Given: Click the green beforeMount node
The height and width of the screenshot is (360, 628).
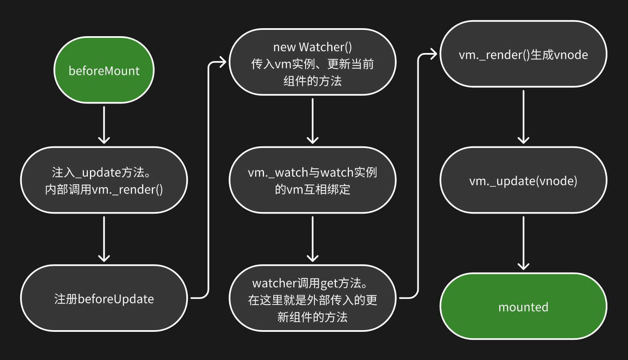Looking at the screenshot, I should tap(104, 70).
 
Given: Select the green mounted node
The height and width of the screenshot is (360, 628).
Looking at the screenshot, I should tap(523, 307).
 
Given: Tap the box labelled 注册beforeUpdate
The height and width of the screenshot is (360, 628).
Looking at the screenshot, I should tap(104, 298).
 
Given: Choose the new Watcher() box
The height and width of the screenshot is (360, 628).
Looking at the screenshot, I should tap(312, 62).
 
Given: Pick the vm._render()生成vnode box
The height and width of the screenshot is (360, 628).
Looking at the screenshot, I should tap(523, 54).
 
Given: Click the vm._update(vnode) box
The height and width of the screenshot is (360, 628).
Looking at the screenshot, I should tap(523, 180).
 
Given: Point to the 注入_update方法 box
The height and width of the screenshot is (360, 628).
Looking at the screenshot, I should tap(104, 180).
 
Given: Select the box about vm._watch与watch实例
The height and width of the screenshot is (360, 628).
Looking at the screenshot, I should tap(312, 180).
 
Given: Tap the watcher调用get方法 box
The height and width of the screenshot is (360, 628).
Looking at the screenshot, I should tap(312, 298).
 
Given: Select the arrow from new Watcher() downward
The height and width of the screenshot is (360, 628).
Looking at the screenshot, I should tap(312, 121).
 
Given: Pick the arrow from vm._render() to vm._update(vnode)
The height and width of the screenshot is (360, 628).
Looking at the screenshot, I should tap(523, 116).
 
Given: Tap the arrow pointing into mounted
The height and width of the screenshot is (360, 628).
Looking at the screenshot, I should tap(523, 243).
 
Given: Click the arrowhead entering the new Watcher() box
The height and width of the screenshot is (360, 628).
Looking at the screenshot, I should tap(222, 63).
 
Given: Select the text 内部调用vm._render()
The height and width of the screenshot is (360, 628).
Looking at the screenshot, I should tap(104, 190).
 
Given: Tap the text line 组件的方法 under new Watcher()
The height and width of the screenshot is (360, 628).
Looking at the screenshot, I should tap(312, 81).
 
